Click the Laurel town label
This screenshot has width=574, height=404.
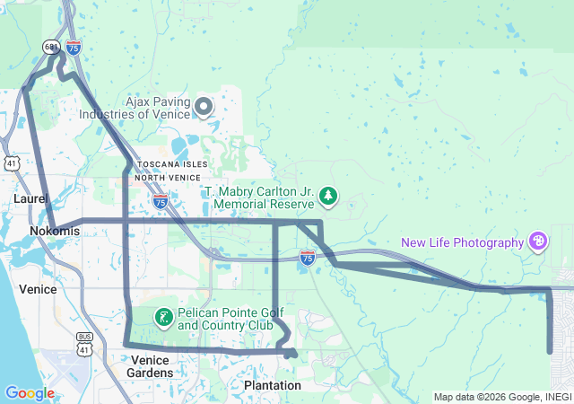(30, 198)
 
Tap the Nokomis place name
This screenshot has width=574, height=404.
(54, 232)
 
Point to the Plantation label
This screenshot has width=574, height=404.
(273, 385)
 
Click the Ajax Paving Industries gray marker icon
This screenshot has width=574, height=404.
(204, 108)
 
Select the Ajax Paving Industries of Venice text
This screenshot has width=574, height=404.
(135, 108)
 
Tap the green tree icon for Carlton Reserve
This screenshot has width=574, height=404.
(329, 196)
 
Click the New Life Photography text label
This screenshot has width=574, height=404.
(462, 242)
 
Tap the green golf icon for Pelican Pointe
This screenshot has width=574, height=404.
(164, 317)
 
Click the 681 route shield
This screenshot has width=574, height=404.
(51, 45)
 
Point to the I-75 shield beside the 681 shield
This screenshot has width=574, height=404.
(74, 45)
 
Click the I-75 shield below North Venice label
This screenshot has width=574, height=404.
(160, 200)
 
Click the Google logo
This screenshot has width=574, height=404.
(29, 393)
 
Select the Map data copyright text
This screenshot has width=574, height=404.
(502, 397)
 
